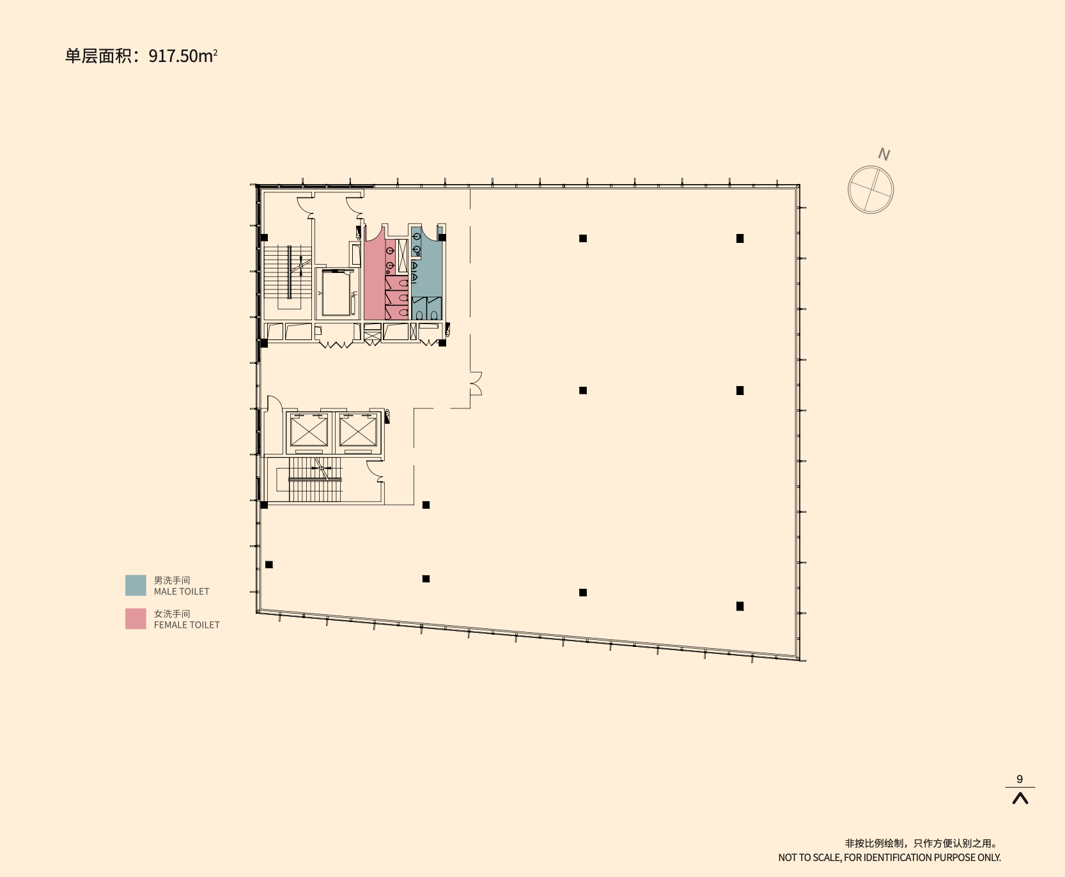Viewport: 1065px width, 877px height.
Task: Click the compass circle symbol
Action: click(x=870, y=190)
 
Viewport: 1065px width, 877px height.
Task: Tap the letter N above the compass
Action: click(x=884, y=154)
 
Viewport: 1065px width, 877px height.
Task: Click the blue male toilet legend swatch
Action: click(x=136, y=585)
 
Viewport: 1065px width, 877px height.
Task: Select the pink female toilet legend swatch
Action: click(x=136, y=619)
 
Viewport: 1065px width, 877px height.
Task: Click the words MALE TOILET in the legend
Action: click(x=182, y=592)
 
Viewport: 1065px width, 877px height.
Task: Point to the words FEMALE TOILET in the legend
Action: click(x=187, y=625)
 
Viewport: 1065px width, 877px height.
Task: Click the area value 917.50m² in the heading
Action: click(x=183, y=56)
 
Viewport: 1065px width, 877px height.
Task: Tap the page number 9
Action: click(x=1020, y=779)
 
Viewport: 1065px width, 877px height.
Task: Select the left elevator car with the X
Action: click(x=309, y=431)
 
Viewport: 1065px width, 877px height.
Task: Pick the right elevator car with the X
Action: click(x=358, y=431)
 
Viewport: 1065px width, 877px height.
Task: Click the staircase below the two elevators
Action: click(x=315, y=479)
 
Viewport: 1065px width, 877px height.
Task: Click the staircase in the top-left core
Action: click(x=288, y=272)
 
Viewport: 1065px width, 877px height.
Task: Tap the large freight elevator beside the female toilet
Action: click(x=336, y=293)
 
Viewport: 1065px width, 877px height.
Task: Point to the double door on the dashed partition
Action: click(x=476, y=384)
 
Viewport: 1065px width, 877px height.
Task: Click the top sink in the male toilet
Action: click(x=416, y=237)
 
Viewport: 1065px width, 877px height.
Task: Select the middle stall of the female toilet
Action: click(x=397, y=297)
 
